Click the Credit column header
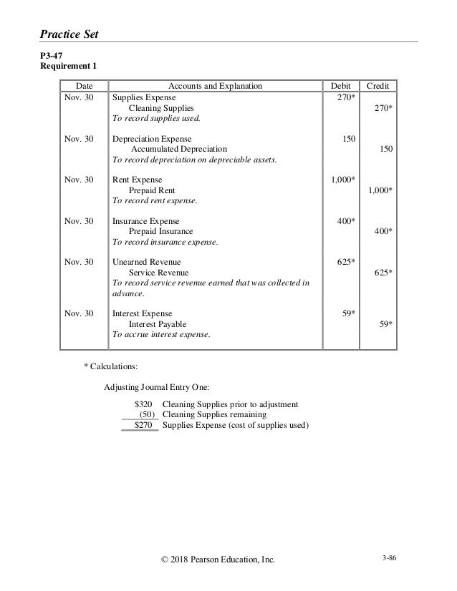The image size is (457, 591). [377, 86]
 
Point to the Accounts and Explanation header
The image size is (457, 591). [212, 86]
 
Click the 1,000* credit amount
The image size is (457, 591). [380, 190]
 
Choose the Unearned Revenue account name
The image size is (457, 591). [146, 263]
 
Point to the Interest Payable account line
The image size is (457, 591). [157, 324]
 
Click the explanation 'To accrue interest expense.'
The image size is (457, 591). [162, 335]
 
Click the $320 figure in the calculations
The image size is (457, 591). [144, 404]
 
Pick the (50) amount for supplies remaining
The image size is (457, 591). [147, 414]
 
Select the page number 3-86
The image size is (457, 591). [389, 565]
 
